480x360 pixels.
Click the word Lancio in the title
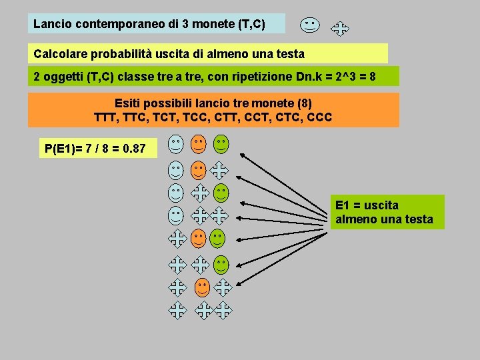tap(53, 25)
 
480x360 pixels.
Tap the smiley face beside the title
tap(309, 25)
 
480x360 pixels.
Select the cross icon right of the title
tap(340, 28)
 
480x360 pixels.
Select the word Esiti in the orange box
tap(129, 103)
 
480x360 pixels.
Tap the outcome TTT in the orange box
tap(108, 118)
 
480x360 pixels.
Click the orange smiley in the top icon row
tap(198, 143)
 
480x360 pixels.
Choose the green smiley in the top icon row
tap(221, 143)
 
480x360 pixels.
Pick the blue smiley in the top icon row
tap(175, 143)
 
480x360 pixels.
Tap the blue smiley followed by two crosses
tap(175, 215)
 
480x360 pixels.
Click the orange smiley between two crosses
tap(201, 287)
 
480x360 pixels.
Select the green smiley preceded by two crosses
tap(221, 264)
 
